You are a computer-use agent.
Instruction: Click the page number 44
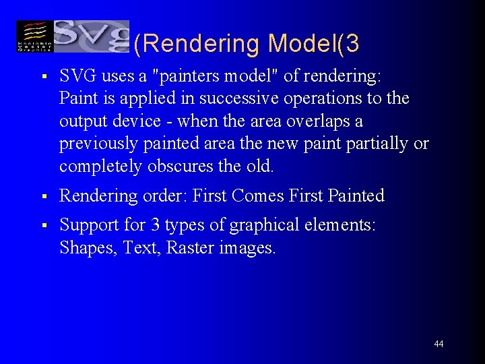439,344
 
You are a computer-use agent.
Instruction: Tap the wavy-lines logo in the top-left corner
34,36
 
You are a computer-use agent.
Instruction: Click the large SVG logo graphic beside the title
92,36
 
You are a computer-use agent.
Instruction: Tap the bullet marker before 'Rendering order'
42,197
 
